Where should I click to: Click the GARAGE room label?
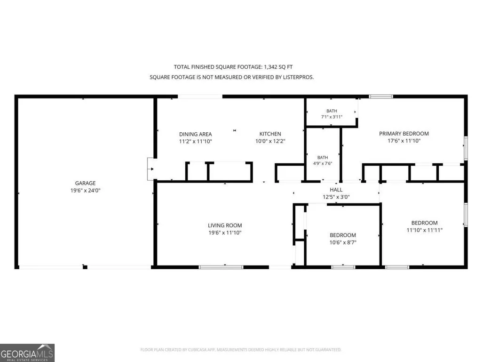coord(85,183)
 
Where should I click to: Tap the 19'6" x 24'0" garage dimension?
coord(85,191)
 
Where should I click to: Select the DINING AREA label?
coord(196,134)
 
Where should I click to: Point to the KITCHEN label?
coord(270,134)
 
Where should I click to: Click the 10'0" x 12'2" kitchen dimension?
coord(270,141)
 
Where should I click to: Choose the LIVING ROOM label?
coord(225,225)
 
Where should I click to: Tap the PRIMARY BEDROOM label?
coord(404,134)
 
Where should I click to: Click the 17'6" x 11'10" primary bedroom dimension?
coord(404,141)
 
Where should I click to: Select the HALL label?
coord(336,190)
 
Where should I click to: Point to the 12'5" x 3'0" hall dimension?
coord(336,197)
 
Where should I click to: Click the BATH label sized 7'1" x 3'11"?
coord(332,111)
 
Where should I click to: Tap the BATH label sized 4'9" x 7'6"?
coord(323,158)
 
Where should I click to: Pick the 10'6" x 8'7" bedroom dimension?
coord(343,242)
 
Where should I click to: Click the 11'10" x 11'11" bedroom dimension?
coord(425,230)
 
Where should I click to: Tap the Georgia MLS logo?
coord(27,353)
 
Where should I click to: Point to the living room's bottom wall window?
coord(221,267)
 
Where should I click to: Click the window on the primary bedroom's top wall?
coord(381,97)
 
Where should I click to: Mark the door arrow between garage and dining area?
coord(152,169)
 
